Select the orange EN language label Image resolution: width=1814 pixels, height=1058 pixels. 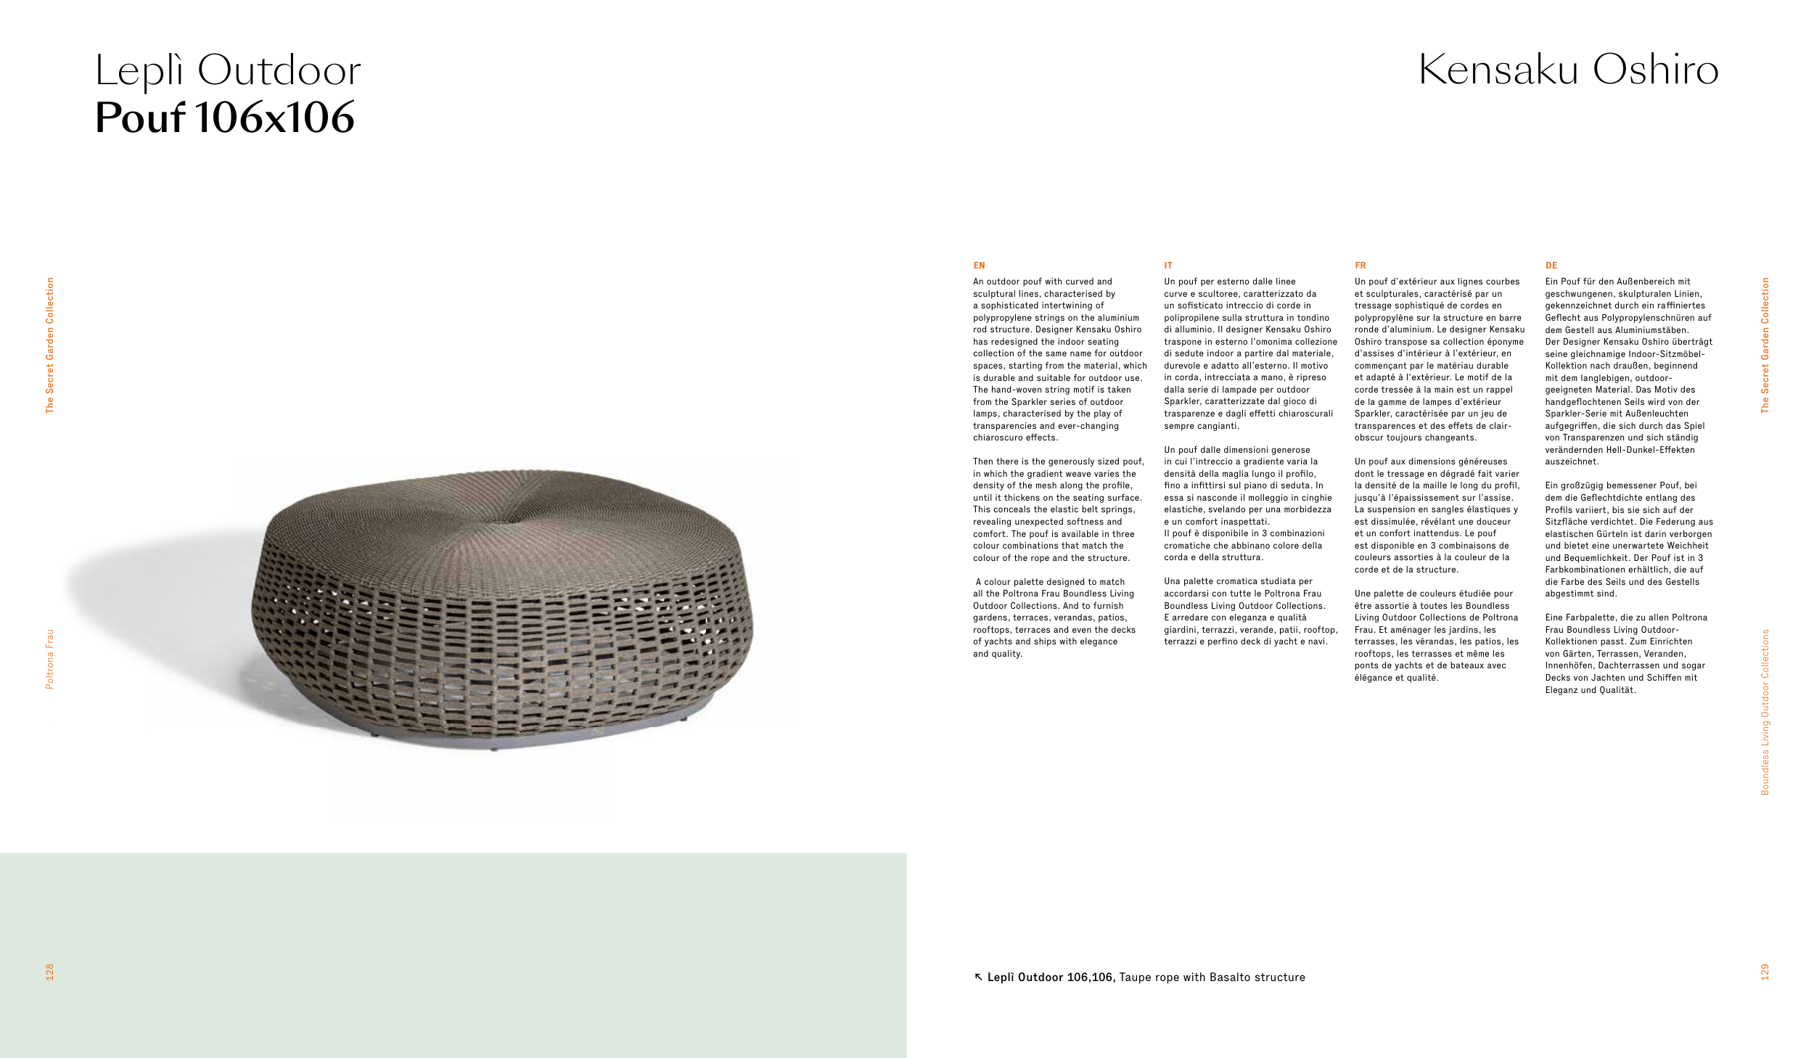[979, 266]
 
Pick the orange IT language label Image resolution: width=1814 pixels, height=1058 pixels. [1168, 266]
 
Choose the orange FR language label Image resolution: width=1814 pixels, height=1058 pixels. [1360, 266]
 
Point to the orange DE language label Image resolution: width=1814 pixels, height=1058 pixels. [1551, 266]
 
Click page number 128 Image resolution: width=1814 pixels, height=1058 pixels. [49, 972]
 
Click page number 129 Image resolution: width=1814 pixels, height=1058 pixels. [1765, 972]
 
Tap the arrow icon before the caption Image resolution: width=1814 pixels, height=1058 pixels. [978, 977]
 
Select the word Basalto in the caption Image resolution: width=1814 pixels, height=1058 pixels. [1230, 977]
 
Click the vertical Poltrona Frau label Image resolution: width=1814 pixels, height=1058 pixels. [49, 659]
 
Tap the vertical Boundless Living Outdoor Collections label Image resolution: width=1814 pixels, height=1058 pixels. [1765, 712]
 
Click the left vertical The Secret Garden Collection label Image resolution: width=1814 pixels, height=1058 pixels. [49, 345]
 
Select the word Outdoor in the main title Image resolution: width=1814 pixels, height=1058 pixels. [279, 71]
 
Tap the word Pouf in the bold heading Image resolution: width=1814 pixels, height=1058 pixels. [140, 118]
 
